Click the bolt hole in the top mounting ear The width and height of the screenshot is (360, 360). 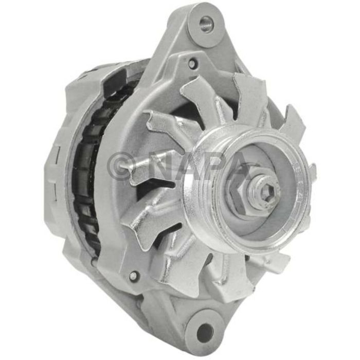pyautogui.click(x=206, y=24)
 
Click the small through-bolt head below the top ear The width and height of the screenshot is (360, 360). pyautogui.click(x=192, y=64)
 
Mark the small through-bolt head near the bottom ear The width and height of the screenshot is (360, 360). pyautogui.click(x=133, y=276)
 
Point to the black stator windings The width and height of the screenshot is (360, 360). pyautogui.click(x=85, y=170)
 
